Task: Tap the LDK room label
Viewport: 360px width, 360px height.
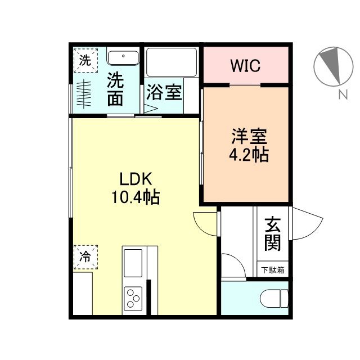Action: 134,178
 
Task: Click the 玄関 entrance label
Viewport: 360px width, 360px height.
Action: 272,235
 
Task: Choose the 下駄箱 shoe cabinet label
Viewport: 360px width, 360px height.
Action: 273,270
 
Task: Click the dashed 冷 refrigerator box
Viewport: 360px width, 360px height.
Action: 84,258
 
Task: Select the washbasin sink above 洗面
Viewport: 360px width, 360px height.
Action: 123,58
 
